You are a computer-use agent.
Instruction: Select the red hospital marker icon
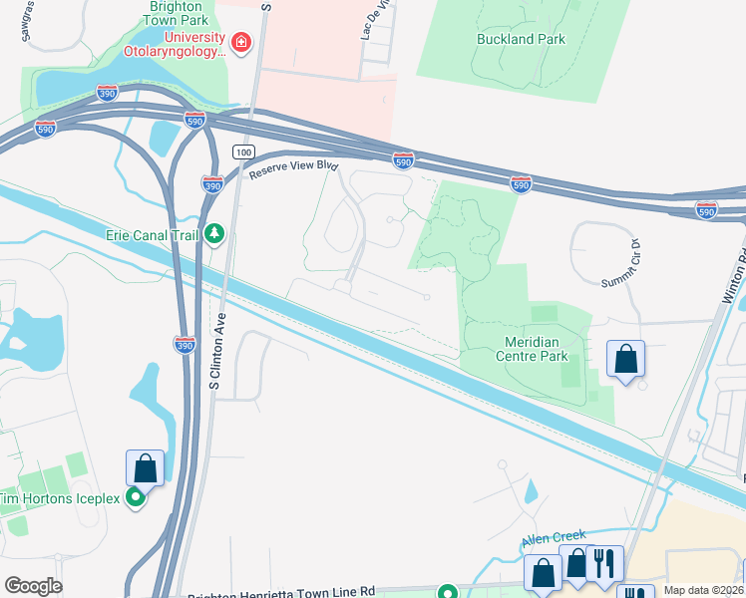pyautogui.click(x=240, y=42)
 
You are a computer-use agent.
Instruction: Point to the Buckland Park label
pyautogui.click(x=522, y=40)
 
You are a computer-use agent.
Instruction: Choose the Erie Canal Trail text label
pyautogui.click(x=152, y=234)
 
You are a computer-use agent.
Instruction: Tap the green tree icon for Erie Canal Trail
pyautogui.click(x=213, y=234)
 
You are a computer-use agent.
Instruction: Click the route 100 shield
pyautogui.click(x=243, y=150)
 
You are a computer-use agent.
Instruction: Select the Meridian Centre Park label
pyautogui.click(x=531, y=349)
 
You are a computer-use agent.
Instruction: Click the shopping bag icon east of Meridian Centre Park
pyautogui.click(x=625, y=358)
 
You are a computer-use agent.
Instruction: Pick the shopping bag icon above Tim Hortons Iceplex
pyautogui.click(x=144, y=467)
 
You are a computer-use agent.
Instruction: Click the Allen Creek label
pyautogui.click(x=550, y=542)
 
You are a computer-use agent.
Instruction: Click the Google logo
pyautogui.click(x=33, y=586)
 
